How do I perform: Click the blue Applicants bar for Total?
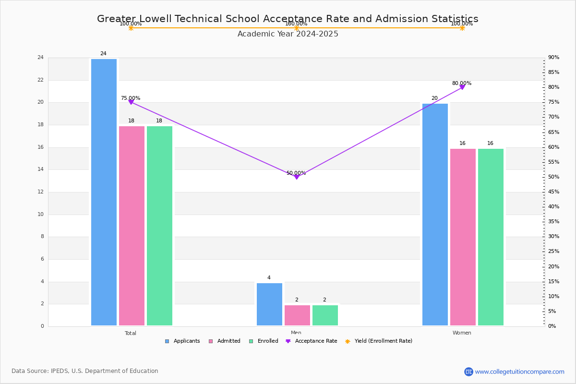(x=104, y=192)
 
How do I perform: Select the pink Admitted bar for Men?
(x=297, y=315)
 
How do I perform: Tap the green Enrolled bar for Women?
(x=491, y=237)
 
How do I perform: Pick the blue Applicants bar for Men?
(x=269, y=304)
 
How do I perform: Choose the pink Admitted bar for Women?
(x=463, y=237)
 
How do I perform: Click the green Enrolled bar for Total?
(x=159, y=226)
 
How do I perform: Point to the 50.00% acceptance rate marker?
(x=297, y=177)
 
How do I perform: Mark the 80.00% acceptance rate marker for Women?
(x=462, y=87)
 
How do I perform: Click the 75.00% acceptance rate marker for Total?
(x=131, y=102)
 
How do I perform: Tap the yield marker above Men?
(x=297, y=28)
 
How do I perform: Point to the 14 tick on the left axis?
(x=40, y=169)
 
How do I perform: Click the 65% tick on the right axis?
(x=554, y=132)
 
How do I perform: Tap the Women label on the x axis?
(x=462, y=333)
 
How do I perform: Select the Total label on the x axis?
(x=131, y=333)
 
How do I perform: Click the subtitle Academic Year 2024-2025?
(x=288, y=34)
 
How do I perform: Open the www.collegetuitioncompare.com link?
(x=519, y=372)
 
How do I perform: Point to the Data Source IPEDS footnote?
(x=85, y=371)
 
